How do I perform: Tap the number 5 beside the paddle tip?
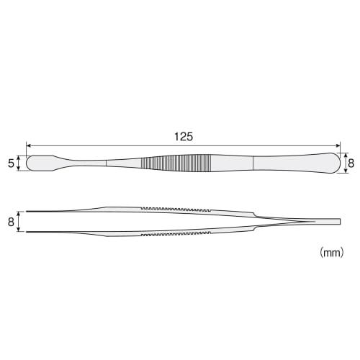(x=11, y=163)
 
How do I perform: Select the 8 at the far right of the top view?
(x=351, y=163)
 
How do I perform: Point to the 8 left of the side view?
(x=11, y=222)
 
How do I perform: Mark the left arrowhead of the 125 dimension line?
(x=28, y=145)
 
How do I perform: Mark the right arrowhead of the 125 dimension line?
(x=338, y=145)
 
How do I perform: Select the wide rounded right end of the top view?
(x=328, y=163)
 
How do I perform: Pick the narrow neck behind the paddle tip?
(x=79, y=163)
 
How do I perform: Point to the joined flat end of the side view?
(x=328, y=221)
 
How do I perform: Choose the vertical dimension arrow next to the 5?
(x=21, y=163)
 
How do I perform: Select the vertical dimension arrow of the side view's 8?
(x=21, y=222)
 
